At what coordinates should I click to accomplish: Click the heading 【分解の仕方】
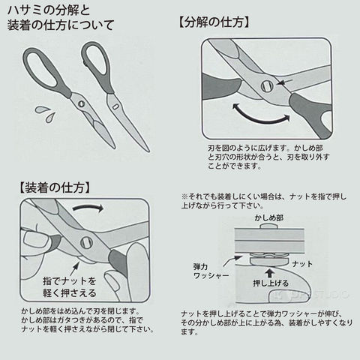(x=214, y=22)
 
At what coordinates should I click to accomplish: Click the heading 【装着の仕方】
(x=54, y=187)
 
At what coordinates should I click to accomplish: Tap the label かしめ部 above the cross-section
(x=269, y=217)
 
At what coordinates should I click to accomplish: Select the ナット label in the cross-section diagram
(x=302, y=264)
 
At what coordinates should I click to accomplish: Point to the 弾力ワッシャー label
(x=211, y=271)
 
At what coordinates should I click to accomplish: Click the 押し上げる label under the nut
(x=271, y=283)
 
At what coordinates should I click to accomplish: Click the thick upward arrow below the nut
(x=269, y=274)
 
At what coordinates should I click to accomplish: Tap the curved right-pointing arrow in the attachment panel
(x=88, y=207)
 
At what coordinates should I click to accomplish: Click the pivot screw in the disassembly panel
(x=267, y=86)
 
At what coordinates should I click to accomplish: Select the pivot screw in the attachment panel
(x=86, y=242)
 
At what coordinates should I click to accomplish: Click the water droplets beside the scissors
(x=46, y=114)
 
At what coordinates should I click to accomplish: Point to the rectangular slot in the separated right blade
(x=115, y=107)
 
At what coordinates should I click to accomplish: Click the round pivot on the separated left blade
(x=81, y=103)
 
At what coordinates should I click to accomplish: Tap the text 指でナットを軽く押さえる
(x=70, y=286)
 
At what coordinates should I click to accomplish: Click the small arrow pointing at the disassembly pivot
(x=285, y=82)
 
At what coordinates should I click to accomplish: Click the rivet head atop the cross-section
(x=269, y=226)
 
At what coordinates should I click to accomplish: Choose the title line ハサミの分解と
(x=49, y=10)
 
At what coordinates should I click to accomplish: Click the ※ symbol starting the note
(x=184, y=196)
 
